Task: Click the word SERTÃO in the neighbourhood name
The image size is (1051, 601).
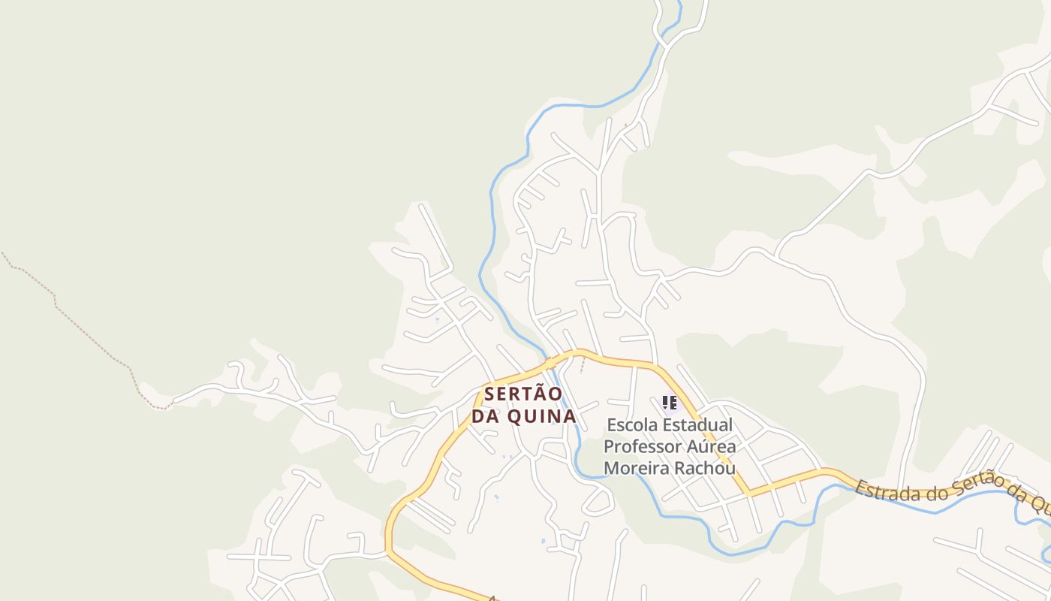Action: tap(523, 394)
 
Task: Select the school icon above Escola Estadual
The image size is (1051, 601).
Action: tap(670, 403)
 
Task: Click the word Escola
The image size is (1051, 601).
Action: tap(634, 425)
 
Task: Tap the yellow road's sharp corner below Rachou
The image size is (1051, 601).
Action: tap(748, 494)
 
